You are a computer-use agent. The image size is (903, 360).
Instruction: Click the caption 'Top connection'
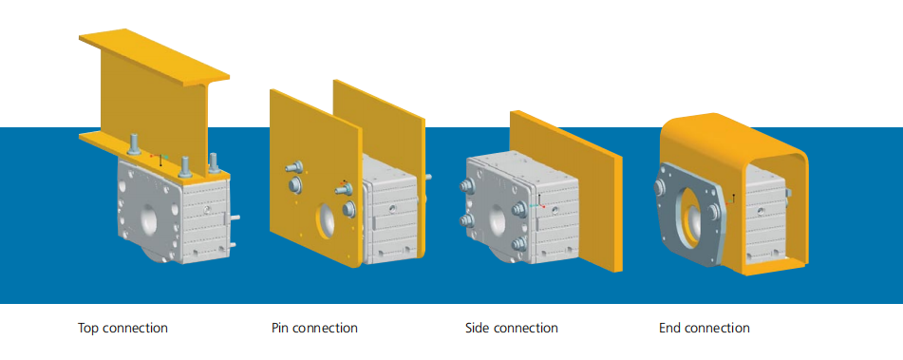pos(122,329)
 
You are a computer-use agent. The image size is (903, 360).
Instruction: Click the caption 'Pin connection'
pos(314,329)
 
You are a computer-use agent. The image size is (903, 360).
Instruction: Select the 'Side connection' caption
pos(512,329)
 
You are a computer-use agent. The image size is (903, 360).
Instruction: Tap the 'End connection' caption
pos(705,329)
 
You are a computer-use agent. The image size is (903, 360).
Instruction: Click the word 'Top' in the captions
pos(88,329)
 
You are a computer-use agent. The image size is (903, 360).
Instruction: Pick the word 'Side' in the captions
pos(478,329)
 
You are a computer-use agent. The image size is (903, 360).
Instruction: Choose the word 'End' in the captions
pos(669,329)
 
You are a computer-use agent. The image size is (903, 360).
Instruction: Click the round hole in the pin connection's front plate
pos(326,222)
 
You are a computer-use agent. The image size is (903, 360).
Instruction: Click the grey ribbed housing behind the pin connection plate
pos(391,218)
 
